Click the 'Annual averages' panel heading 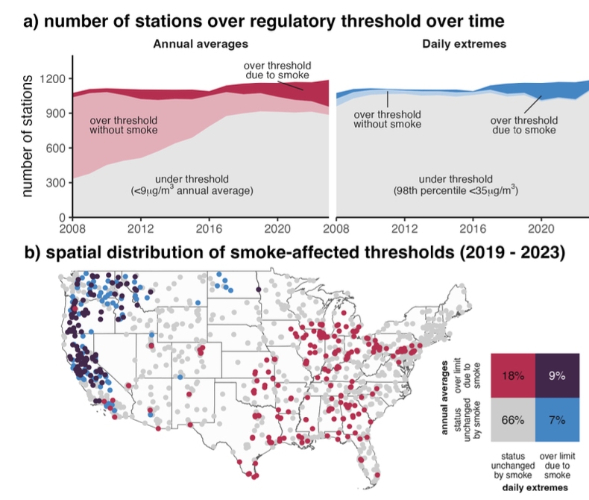tap(189, 44)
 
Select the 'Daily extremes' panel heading tap(464, 44)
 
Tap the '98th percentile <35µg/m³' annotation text tap(456, 191)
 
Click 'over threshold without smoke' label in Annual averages tap(123, 125)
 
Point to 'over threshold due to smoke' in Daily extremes tap(523, 125)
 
